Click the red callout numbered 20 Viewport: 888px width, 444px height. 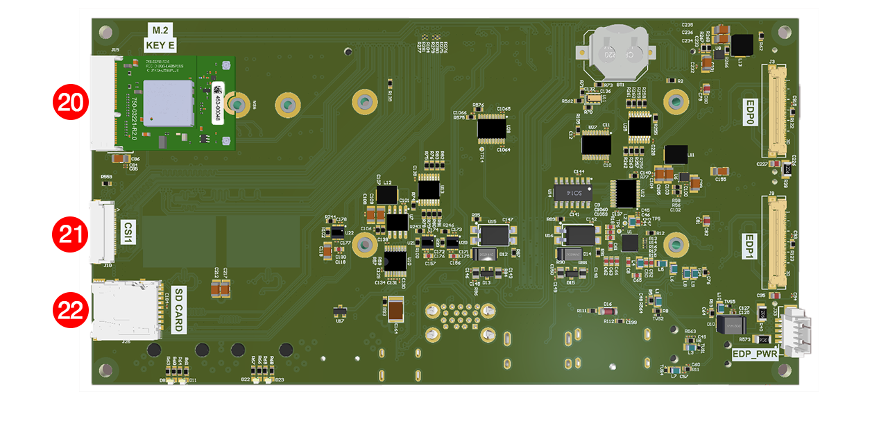pos(71,103)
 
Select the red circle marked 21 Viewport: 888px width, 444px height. pos(71,234)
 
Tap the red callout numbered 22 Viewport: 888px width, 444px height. pos(71,310)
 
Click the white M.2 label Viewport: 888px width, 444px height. pos(160,30)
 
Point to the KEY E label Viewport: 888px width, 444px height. pos(160,46)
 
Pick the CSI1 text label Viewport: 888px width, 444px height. pos(128,232)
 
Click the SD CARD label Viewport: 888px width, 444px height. pos(178,309)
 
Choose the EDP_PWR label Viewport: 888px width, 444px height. pos(754,353)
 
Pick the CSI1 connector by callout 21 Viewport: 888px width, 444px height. pos(99,232)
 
